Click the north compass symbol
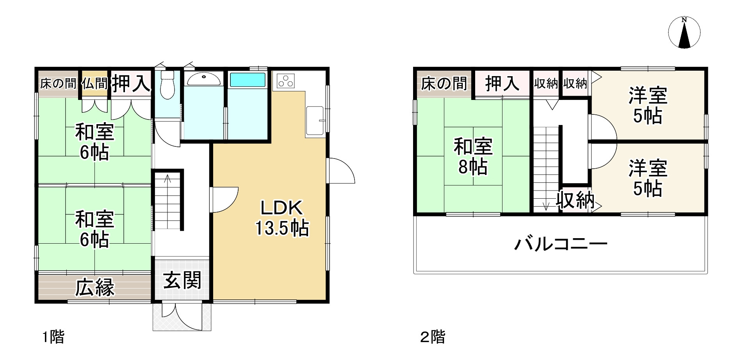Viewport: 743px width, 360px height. coord(684,33)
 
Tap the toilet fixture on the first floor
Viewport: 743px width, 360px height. coord(167,84)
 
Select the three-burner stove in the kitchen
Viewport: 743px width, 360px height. coord(286,81)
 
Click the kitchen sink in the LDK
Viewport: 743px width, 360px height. coord(315,121)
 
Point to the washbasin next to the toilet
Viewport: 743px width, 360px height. coord(203,79)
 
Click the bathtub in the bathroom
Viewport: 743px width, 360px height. coord(248,80)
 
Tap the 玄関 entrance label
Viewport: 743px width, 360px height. coord(182,281)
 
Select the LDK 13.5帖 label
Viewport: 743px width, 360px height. coord(282,218)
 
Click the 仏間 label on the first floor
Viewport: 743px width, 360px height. coord(94,83)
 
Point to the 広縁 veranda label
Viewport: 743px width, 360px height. coord(95,287)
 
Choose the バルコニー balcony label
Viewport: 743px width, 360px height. coord(561,244)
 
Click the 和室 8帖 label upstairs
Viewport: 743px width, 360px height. coord(473,157)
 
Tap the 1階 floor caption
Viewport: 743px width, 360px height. coord(53,337)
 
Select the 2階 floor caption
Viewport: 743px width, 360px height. coord(433,337)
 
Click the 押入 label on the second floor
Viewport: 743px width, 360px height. coord(502,84)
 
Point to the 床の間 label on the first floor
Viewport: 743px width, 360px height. coord(58,84)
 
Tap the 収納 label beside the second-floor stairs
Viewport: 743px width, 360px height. coord(575,200)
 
